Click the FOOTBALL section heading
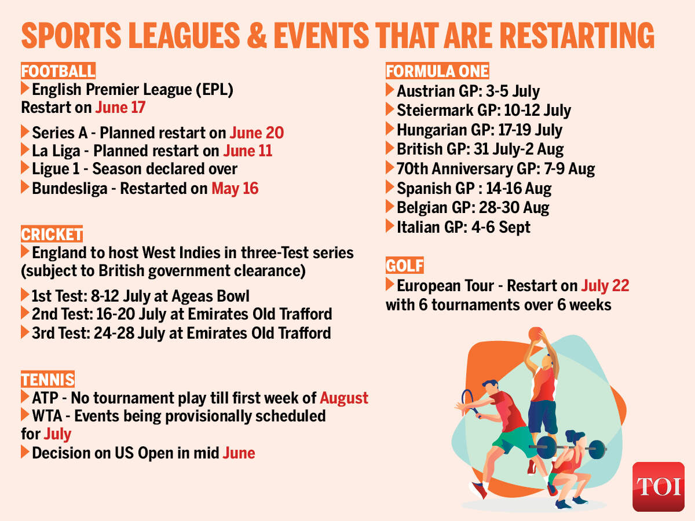pyautogui.click(x=58, y=71)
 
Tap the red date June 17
pyautogui.click(x=120, y=107)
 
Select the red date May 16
pyautogui.click(x=235, y=188)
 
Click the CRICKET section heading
pyautogui.click(x=52, y=234)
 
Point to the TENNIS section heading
pyautogui.click(x=48, y=380)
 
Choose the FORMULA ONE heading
pyautogui.click(x=437, y=71)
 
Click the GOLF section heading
pyautogui.click(x=405, y=266)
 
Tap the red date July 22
pyautogui.click(x=605, y=285)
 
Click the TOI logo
pyautogui.click(x=658, y=486)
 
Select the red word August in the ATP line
pyautogui.click(x=344, y=398)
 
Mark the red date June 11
pyautogui.click(x=247, y=151)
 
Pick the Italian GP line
pyautogui.click(x=463, y=227)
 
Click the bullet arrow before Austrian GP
pyautogui.click(x=390, y=90)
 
